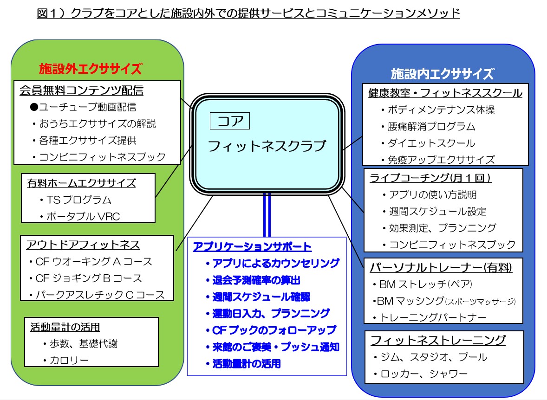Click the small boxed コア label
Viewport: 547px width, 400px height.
tap(229, 121)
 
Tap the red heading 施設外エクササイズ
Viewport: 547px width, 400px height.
tap(91, 69)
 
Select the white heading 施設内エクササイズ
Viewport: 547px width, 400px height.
tap(443, 74)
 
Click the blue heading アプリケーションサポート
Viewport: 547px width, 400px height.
tap(252, 247)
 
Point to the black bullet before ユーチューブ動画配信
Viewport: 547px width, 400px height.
tap(34, 107)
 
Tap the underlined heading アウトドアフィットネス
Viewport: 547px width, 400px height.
tap(83, 245)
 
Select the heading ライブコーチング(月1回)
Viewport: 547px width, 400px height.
tap(430, 178)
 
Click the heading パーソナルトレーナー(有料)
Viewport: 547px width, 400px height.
tap(441, 268)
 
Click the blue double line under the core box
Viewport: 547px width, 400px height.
tap(267, 215)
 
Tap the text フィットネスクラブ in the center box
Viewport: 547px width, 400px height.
tap(267, 146)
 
